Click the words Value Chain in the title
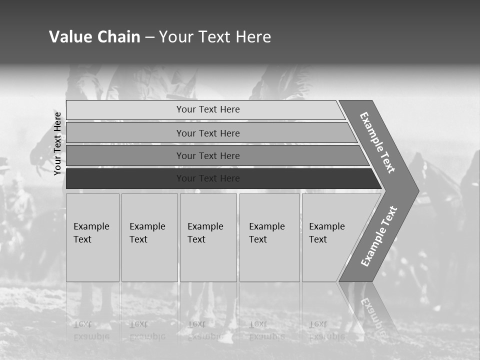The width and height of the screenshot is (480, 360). pos(94,37)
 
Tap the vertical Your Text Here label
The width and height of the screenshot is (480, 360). pos(57,143)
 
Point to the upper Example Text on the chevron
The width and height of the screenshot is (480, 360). pos(377,142)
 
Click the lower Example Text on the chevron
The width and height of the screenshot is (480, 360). pos(379,236)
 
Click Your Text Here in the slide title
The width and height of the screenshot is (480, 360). pos(215,37)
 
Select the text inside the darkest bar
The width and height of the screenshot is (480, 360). pos(208,178)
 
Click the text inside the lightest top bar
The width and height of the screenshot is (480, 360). pos(208,109)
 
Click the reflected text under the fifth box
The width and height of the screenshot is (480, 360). pos(326,330)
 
